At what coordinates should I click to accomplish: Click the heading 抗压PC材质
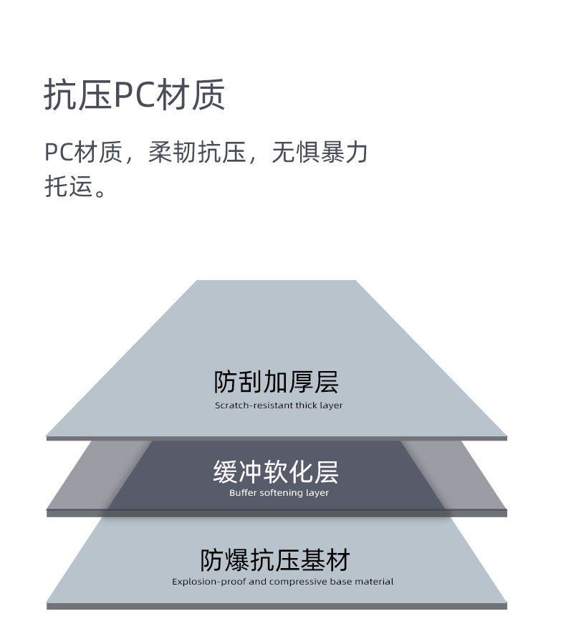click(135, 95)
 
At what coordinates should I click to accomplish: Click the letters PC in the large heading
click(134, 95)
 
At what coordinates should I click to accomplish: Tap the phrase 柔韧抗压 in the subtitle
click(197, 153)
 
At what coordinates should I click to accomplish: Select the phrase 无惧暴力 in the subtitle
click(320, 153)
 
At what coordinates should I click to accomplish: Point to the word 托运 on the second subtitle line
click(69, 186)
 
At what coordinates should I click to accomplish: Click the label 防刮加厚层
click(277, 382)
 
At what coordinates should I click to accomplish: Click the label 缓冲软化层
click(277, 472)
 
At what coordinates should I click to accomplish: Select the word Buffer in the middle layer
click(242, 493)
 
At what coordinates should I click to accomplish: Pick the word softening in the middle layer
click(279, 493)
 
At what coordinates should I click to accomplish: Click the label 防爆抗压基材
click(275, 559)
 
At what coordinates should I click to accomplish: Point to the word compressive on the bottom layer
click(299, 582)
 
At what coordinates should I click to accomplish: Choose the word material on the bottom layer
click(373, 582)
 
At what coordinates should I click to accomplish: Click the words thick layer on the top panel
click(320, 405)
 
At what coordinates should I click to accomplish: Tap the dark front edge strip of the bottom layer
click(277, 606)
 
